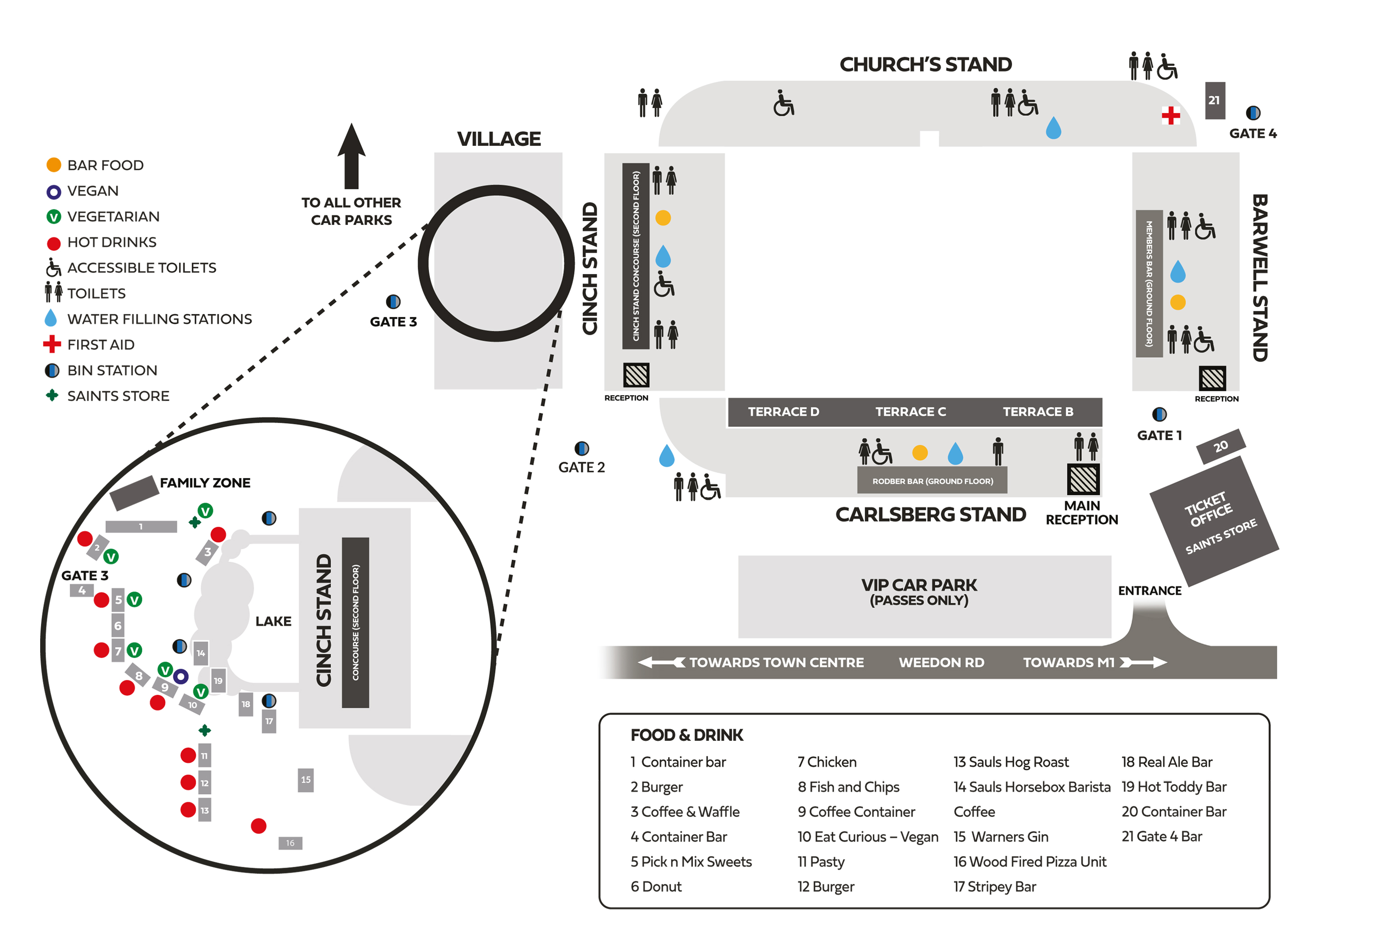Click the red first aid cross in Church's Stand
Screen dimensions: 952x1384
point(1171,115)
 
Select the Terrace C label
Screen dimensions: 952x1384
point(910,411)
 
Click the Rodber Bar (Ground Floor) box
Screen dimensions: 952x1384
point(932,481)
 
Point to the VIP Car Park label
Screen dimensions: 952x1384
point(919,591)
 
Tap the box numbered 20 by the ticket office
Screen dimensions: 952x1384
point(1221,446)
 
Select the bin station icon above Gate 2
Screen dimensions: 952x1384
point(581,448)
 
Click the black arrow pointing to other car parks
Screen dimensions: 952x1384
point(351,156)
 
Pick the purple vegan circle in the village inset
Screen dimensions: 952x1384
point(181,676)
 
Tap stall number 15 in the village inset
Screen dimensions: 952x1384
point(305,780)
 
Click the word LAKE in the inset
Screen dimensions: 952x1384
point(273,621)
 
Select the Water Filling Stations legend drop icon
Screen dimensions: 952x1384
point(51,318)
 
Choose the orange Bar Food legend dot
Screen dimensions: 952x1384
point(54,165)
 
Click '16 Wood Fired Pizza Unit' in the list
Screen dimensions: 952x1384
point(1029,861)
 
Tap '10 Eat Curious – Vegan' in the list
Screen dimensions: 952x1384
point(867,836)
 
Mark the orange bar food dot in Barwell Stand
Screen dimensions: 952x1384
point(1178,302)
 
